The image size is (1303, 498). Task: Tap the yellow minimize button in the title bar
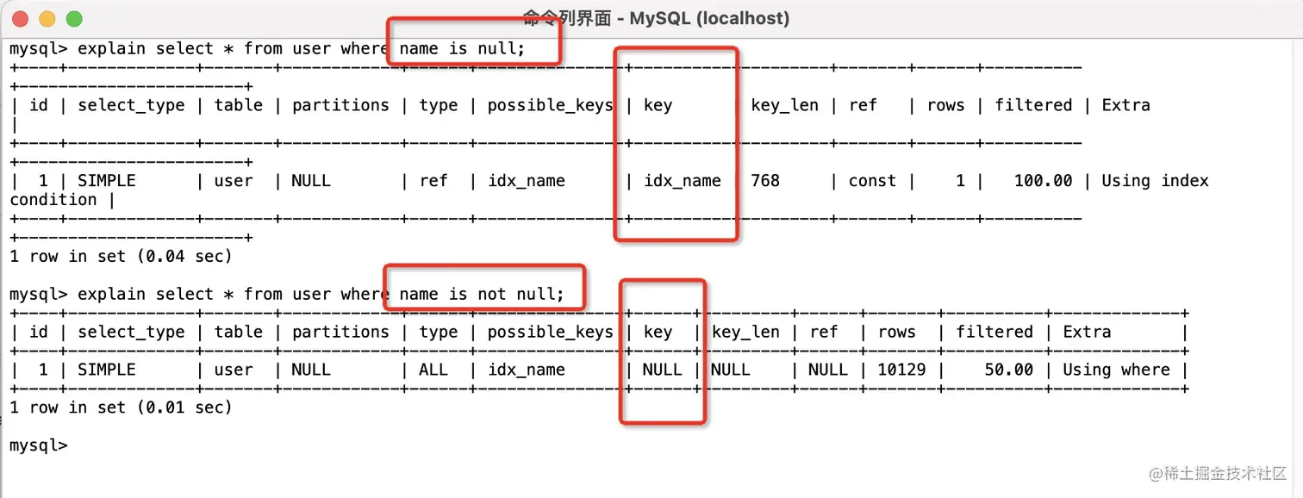point(47,18)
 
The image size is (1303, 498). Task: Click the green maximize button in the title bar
point(74,18)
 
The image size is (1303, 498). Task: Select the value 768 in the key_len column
point(765,181)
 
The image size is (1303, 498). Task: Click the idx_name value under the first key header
point(683,181)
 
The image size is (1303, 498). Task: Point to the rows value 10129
point(901,370)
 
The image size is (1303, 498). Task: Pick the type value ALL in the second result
point(433,370)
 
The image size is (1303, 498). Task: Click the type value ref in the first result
point(433,181)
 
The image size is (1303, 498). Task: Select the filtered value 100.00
point(1044,181)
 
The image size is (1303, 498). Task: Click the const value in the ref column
point(872,181)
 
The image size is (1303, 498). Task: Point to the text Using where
point(1116,370)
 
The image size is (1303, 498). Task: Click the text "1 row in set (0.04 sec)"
point(121,256)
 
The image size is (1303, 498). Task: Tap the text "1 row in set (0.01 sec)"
point(121,407)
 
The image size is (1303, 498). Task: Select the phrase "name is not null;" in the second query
point(482,295)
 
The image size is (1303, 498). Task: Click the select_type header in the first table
point(131,105)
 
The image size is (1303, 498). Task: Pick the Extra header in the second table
point(1087,332)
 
